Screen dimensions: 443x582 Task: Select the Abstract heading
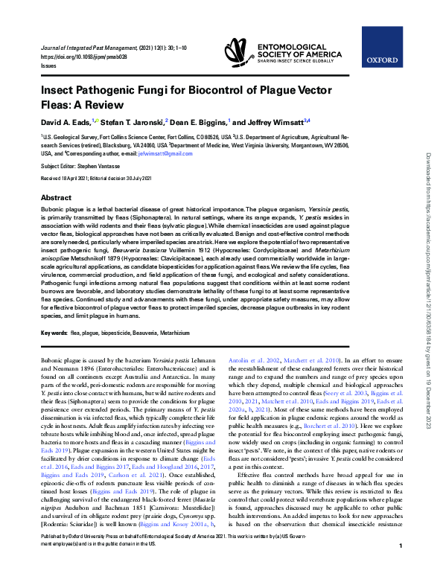click(56, 198)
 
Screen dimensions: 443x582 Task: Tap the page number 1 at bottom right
click(401, 567)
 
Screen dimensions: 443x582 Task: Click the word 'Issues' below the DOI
click(48, 65)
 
